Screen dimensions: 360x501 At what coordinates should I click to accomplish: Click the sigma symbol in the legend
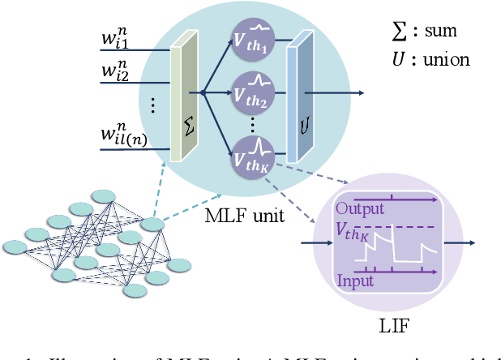pyautogui.click(x=398, y=32)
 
